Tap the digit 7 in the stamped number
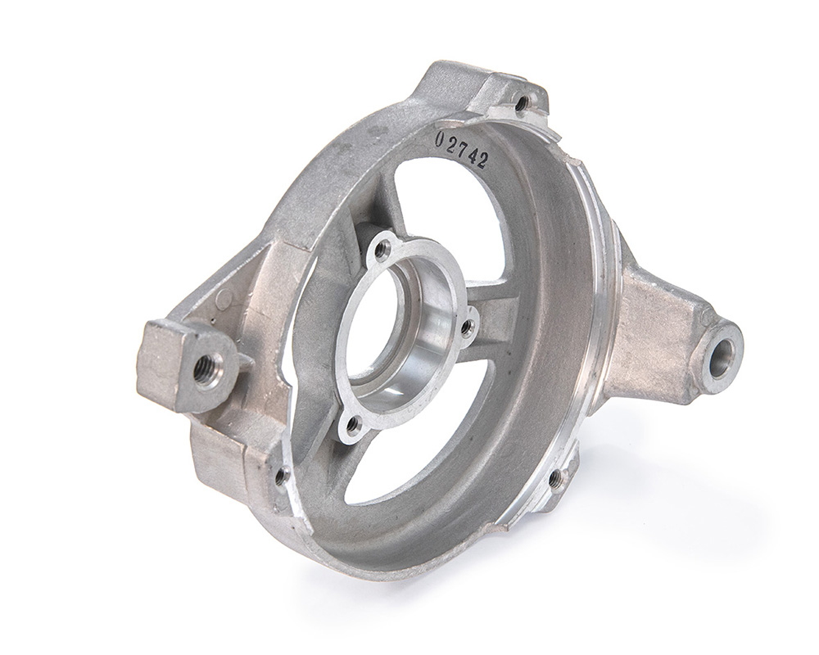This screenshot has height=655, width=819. [x=462, y=147]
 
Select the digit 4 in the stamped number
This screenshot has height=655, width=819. [x=473, y=154]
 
